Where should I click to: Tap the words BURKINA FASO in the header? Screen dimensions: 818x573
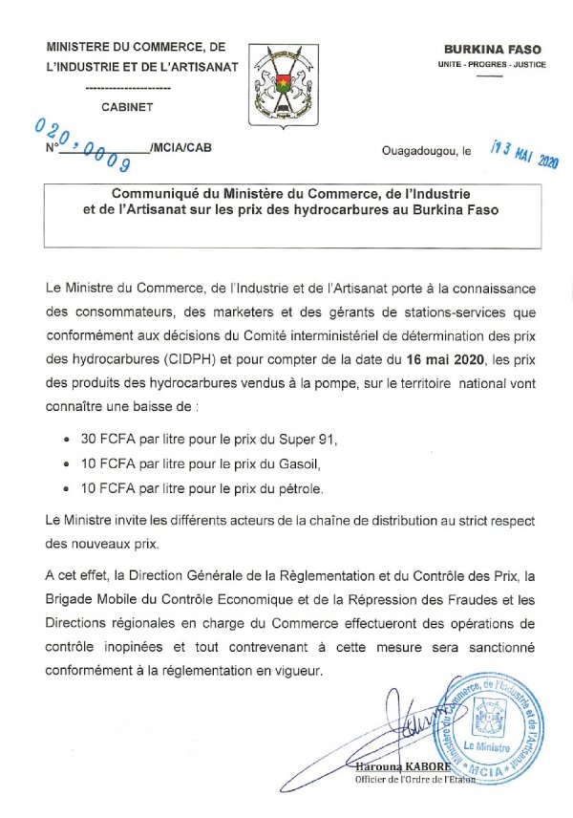pos(488,48)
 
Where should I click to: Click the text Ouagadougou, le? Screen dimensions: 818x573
pos(426,151)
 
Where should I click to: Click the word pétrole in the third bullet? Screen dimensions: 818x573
pos(299,489)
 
